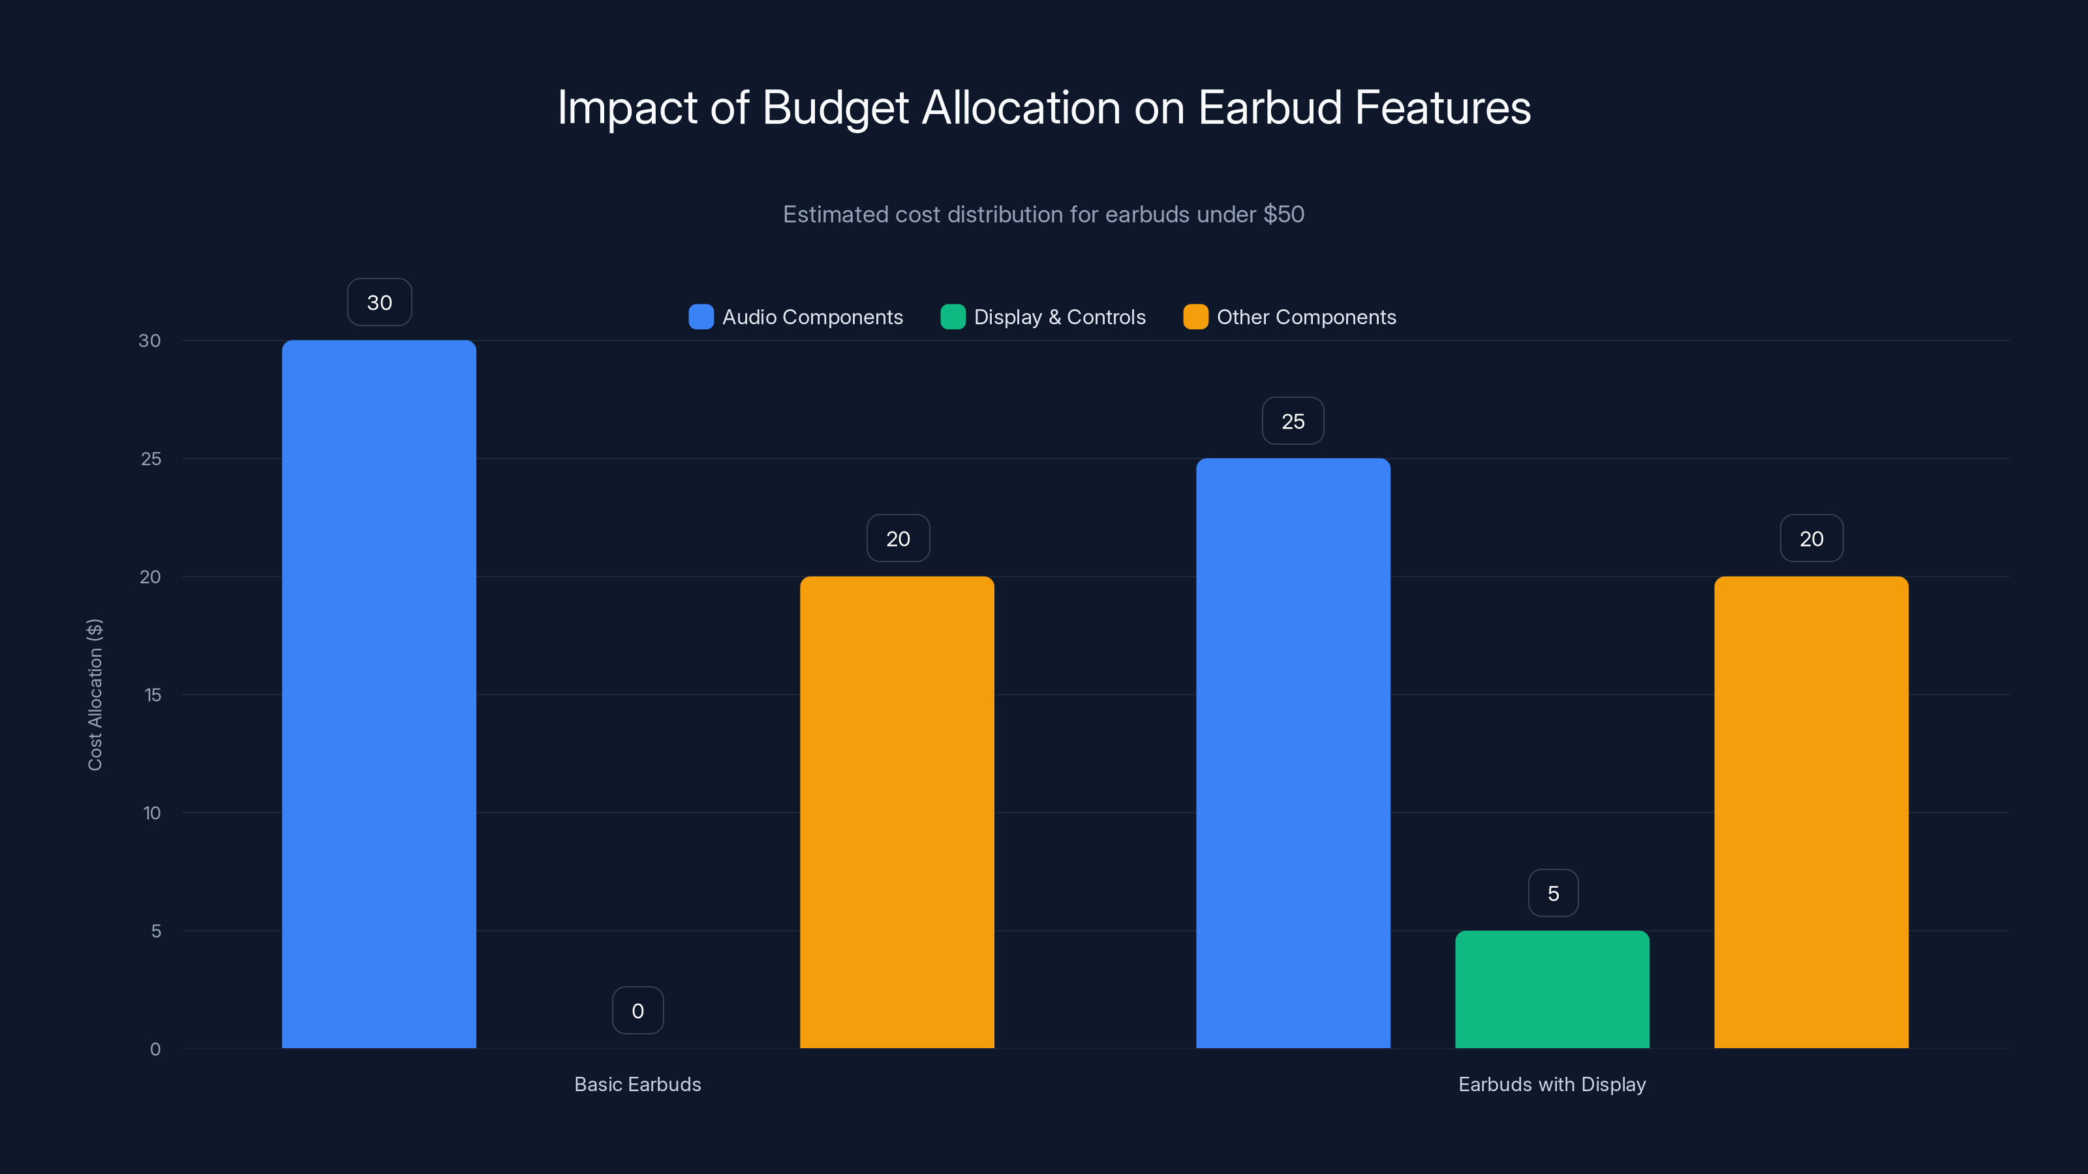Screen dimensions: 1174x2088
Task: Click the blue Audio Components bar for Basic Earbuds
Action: [x=378, y=695]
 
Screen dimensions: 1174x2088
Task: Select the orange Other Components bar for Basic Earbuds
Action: [x=897, y=812]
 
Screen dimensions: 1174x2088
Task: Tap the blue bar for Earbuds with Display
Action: [x=1293, y=753]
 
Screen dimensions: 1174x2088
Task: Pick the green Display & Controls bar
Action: [x=1552, y=989]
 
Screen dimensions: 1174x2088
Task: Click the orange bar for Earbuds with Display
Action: [x=1811, y=812]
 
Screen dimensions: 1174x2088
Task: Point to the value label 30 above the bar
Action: [x=379, y=302]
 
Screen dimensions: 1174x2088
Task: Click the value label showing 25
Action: [x=1293, y=421]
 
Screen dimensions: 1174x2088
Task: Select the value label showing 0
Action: [x=638, y=1010]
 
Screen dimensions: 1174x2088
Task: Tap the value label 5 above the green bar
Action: [x=1553, y=893]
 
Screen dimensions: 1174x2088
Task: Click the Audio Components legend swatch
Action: [x=701, y=317]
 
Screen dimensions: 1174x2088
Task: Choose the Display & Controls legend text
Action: [x=1060, y=317]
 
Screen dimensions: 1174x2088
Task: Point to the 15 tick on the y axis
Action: [x=153, y=695]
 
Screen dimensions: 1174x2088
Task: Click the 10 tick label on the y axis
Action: [x=151, y=813]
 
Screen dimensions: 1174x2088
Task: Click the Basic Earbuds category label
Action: [x=638, y=1084]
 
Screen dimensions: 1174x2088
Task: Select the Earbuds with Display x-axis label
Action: [x=1552, y=1084]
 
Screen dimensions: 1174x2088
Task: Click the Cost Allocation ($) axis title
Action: [x=95, y=695]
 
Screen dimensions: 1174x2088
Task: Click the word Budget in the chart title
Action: [x=835, y=108]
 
